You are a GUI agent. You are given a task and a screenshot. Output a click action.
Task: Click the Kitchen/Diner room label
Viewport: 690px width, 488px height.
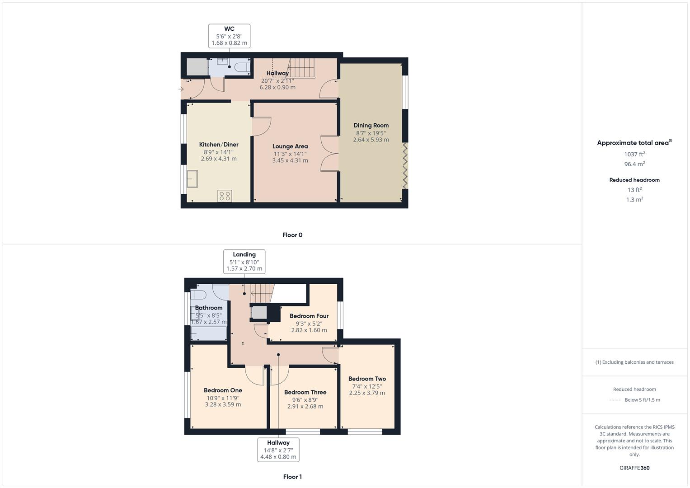(219, 145)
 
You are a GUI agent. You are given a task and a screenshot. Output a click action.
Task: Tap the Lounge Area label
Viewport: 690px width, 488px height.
(290, 146)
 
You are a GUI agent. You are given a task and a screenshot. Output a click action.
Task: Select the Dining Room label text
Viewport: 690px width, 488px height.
(371, 126)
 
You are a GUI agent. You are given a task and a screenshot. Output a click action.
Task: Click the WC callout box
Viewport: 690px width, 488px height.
(229, 36)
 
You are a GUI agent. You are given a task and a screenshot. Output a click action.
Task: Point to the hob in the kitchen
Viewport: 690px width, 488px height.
(225, 196)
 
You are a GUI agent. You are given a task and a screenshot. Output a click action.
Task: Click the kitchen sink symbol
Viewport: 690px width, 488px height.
(192, 178)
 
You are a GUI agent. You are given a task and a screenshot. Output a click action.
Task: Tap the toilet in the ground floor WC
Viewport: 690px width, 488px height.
(241, 67)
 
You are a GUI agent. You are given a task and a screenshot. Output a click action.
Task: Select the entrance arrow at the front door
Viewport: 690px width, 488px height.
(181, 89)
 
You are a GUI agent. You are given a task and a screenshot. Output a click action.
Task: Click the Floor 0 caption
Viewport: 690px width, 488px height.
(292, 235)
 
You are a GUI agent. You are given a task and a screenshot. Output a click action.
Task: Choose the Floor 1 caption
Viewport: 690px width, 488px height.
(292, 477)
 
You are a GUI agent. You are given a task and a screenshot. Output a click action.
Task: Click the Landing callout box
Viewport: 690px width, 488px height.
(244, 262)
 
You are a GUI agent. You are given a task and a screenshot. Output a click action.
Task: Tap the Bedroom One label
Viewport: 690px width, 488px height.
(223, 390)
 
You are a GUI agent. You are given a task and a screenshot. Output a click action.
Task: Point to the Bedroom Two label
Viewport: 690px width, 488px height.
(367, 379)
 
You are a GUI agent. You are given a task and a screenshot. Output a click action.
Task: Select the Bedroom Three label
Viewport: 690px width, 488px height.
(305, 392)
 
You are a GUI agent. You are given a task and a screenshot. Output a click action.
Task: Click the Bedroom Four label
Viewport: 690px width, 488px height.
(309, 316)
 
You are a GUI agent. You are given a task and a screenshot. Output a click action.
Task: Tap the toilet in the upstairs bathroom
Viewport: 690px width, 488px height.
(198, 295)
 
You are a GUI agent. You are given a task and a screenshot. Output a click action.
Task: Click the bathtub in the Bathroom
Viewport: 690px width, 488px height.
(209, 333)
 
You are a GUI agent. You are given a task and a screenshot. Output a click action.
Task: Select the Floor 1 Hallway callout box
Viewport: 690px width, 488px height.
(278, 450)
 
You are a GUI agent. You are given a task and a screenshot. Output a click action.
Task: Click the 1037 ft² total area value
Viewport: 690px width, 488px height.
(634, 155)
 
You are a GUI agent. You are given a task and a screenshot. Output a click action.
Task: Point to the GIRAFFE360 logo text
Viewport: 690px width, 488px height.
(634, 468)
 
